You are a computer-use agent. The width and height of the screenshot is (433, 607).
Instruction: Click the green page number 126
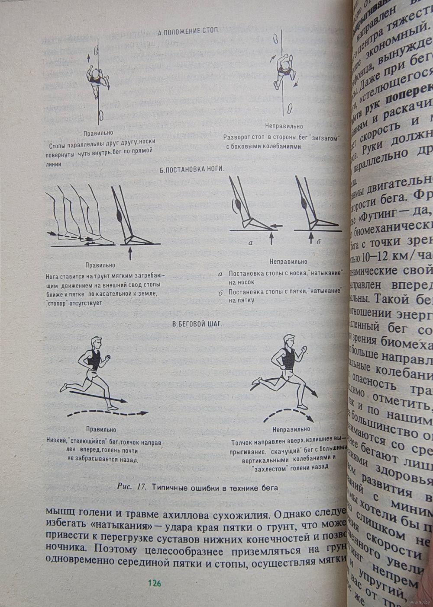[x=154, y=583]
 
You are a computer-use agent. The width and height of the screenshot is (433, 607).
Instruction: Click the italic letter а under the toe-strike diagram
[x=250, y=243]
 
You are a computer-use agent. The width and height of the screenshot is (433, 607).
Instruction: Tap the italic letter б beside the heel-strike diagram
[x=318, y=242]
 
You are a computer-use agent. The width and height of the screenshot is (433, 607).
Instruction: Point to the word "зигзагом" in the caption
[x=323, y=138]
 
